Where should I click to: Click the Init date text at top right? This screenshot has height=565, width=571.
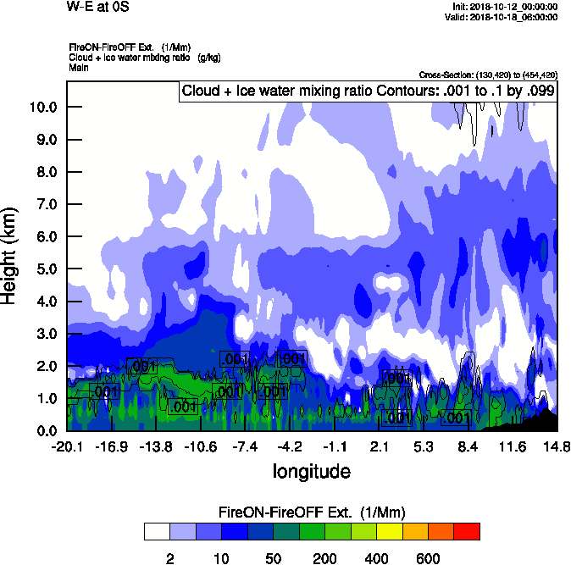click(506, 7)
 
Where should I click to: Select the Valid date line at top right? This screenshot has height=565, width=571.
click(506, 17)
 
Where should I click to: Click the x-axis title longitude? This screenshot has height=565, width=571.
click(311, 471)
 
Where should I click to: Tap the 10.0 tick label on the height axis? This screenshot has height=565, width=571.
click(41, 107)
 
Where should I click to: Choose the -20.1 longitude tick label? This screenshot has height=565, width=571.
click(67, 446)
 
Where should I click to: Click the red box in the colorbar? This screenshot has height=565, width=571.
click(467, 531)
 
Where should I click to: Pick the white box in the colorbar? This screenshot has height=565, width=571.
click(157, 531)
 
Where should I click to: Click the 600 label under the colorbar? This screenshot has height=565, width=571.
click(428, 558)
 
